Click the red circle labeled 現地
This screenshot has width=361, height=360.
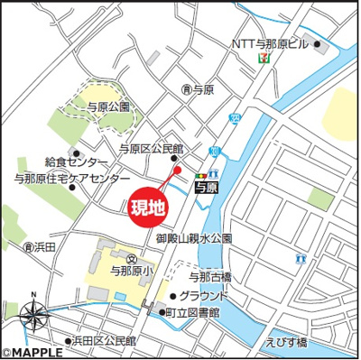pos(149,207)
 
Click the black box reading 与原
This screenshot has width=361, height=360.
pos(206,187)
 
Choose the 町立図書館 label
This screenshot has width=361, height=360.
pos(197,312)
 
